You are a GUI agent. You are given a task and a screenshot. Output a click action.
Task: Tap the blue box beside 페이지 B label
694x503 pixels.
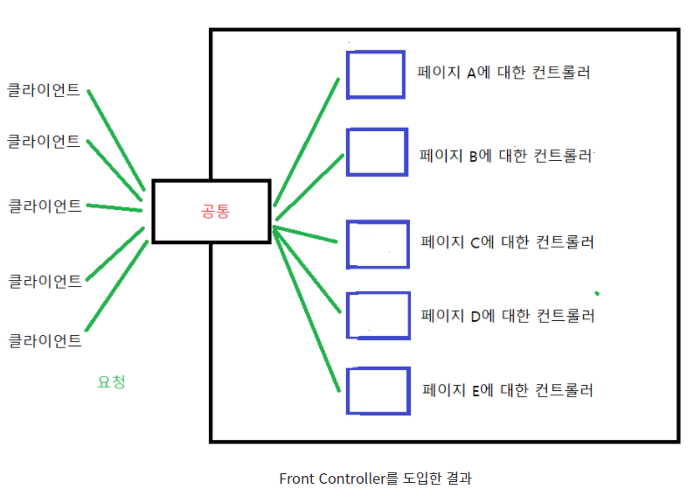377,153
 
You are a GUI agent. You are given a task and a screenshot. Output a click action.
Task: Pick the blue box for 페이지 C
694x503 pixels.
378,244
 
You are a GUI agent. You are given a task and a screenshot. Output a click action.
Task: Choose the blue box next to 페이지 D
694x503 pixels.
378,315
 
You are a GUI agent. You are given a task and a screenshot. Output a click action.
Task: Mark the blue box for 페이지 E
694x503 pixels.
378,392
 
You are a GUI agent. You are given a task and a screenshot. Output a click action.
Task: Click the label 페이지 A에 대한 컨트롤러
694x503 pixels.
504,73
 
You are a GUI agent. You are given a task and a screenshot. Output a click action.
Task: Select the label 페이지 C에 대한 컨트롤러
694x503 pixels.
508,241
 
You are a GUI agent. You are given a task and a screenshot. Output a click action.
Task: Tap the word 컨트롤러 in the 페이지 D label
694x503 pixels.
566,315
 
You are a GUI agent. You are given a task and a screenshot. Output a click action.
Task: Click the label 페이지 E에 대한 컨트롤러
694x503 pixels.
508,390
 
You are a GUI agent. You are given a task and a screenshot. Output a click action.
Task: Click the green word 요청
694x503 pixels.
111,382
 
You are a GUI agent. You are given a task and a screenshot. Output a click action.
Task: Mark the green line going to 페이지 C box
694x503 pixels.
306,234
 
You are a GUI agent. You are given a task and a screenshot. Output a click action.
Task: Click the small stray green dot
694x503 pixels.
597,293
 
